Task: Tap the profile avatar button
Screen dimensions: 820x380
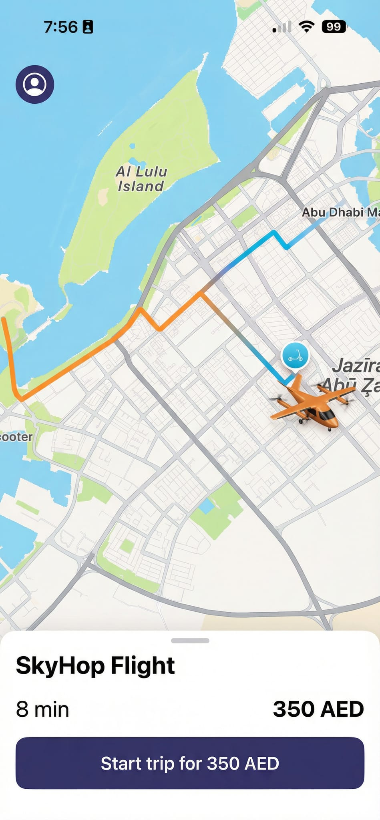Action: tap(35, 84)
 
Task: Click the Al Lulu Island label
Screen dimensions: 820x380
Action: tap(141, 179)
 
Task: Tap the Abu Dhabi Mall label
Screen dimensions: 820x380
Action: tap(340, 212)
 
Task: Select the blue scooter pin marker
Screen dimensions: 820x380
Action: tap(295, 356)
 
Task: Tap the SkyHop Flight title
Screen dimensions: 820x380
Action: tap(95, 665)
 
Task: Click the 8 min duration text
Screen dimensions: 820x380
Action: tap(42, 709)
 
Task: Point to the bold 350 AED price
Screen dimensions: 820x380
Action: tap(318, 709)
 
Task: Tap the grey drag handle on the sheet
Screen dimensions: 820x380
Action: tap(190, 641)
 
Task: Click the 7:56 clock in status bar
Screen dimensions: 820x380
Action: tap(60, 27)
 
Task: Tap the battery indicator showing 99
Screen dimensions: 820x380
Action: tap(334, 27)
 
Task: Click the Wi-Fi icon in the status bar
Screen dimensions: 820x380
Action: tap(306, 27)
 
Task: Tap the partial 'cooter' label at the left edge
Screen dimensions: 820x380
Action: tap(16, 436)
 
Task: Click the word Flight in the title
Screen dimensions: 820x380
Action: tap(143, 665)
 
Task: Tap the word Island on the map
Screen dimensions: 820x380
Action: tap(141, 186)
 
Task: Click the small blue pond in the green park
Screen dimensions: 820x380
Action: tap(207, 506)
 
